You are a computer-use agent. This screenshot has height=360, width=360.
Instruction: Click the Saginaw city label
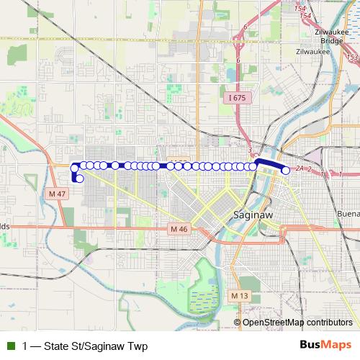[x=251, y=215]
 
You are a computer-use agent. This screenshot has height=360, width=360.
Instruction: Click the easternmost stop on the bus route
[x=286, y=171]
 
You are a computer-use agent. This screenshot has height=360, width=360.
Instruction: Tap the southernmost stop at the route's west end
[x=79, y=179]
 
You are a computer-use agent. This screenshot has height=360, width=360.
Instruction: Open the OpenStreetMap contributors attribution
[x=297, y=323]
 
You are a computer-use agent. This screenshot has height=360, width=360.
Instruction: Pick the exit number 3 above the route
[x=249, y=150]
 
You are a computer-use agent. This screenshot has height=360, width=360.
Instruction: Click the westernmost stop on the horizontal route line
[x=74, y=168]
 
